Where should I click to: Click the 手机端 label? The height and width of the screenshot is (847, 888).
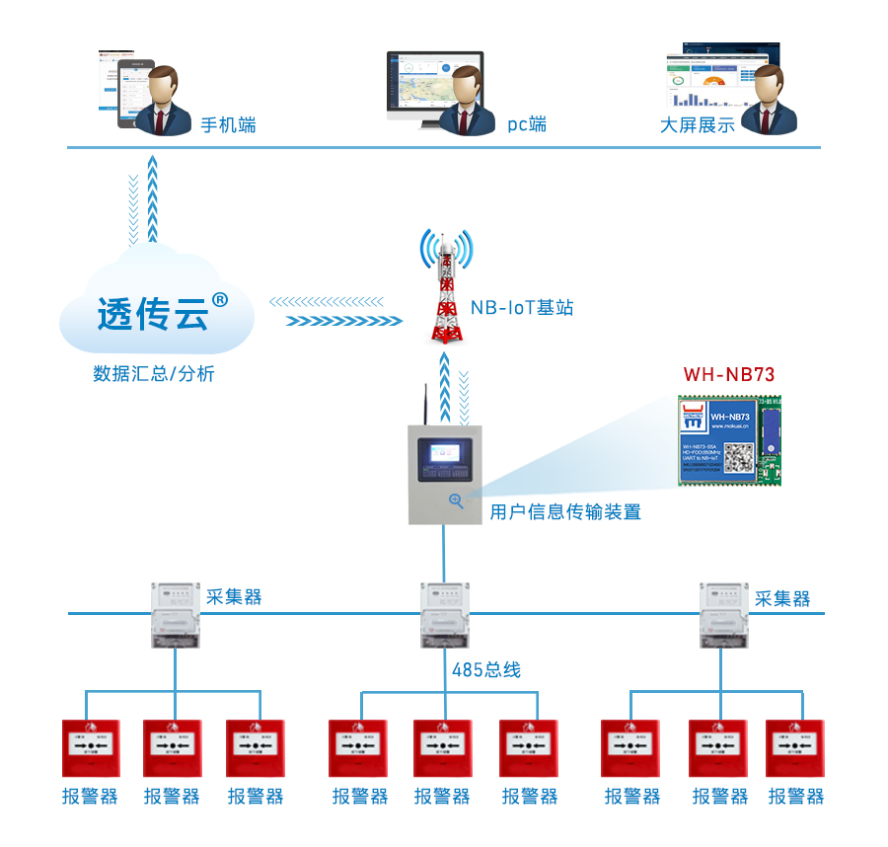click(x=228, y=125)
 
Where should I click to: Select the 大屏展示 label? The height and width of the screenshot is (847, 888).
click(x=697, y=125)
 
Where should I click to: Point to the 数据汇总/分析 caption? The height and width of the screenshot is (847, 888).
click(x=153, y=374)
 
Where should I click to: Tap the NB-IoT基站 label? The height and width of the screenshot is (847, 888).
click(x=521, y=308)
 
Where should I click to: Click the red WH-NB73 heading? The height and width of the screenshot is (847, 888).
click(x=729, y=374)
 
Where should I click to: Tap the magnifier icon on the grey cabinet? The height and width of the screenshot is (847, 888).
click(x=456, y=500)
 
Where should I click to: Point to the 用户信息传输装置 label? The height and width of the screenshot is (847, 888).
click(x=565, y=512)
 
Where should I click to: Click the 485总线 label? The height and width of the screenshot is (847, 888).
click(x=485, y=670)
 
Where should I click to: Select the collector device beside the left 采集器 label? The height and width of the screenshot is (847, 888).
click(x=176, y=614)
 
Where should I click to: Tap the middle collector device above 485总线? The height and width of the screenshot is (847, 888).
click(x=444, y=614)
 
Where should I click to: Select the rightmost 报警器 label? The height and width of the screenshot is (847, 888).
click(x=795, y=796)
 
